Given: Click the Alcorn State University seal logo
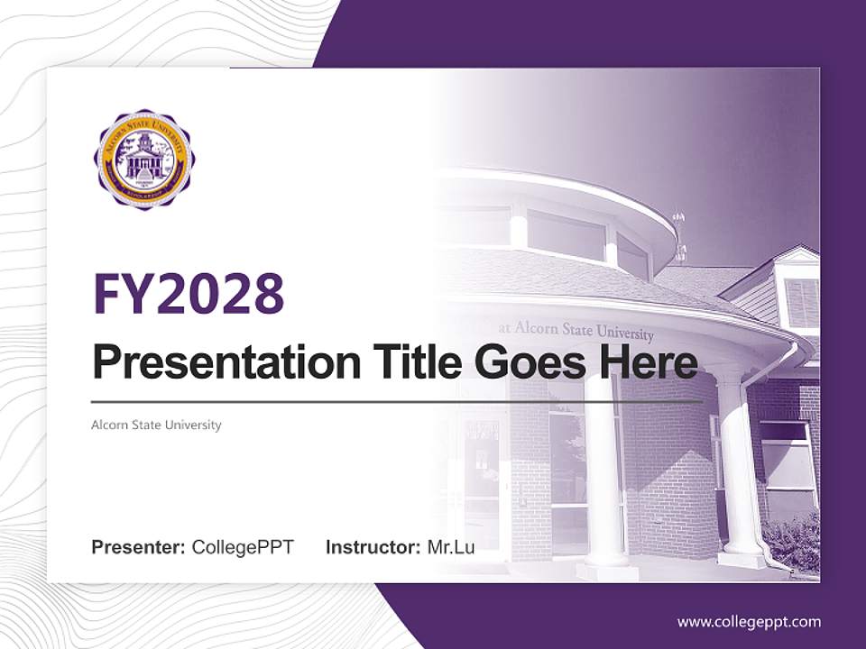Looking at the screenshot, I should point(143,160).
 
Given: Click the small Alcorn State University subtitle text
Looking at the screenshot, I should point(156,425).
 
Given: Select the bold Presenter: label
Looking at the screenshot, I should point(139,547).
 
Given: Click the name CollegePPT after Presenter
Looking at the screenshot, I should point(243,547).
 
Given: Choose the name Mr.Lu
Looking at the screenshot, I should point(451,547).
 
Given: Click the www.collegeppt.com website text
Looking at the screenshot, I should point(749,622).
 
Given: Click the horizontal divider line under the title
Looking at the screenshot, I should point(397,401).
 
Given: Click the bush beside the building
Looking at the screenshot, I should point(794,541).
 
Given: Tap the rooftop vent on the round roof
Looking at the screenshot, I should point(679,234).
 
